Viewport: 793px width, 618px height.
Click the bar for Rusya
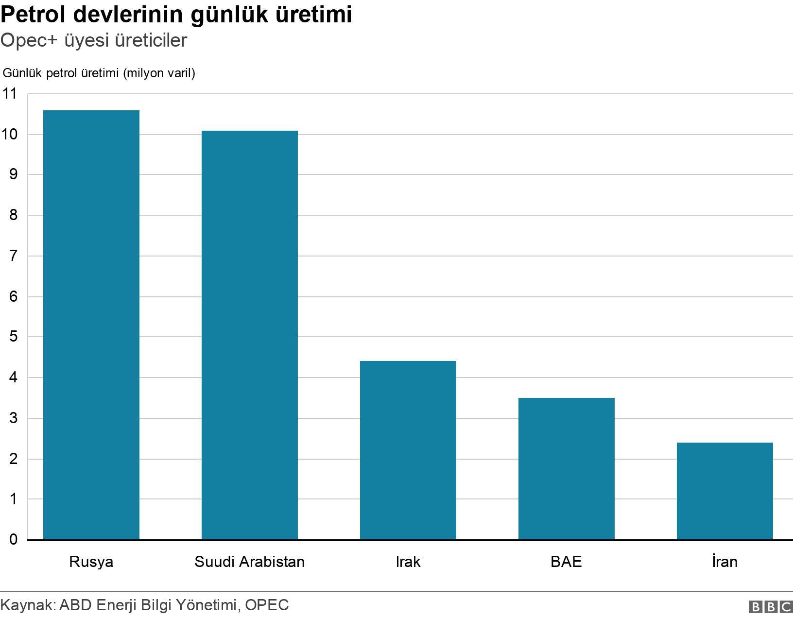[91, 325]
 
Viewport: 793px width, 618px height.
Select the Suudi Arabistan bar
[250, 335]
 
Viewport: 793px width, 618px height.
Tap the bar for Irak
[408, 450]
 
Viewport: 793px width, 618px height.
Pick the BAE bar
[567, 469]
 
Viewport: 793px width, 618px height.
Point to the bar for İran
[725, 491]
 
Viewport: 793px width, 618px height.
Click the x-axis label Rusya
[91, 562]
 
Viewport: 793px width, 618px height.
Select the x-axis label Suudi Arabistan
[250, 562]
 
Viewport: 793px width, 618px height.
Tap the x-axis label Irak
[408, 562]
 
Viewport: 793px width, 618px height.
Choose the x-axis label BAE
[567, 562]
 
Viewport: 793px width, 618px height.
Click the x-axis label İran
[725, 561]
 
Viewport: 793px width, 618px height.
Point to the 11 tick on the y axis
[10, 94]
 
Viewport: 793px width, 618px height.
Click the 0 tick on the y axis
[14, 539]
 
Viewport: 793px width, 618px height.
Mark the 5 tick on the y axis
[14, 336]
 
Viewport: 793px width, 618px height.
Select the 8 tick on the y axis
[14, 215]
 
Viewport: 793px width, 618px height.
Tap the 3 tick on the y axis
[14, 418]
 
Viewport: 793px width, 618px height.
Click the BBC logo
[771, 607]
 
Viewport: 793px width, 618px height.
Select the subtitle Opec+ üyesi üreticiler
[94, 40]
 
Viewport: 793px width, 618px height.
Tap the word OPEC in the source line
[267, 605]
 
